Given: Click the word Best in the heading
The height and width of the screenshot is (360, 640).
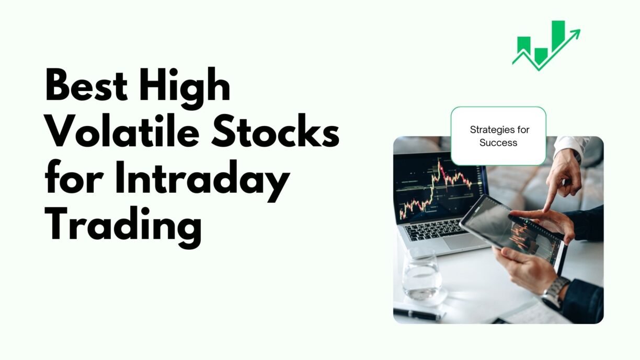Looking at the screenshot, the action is tap(86, 85).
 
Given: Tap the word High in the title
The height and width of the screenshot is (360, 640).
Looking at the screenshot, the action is tap(185, 88).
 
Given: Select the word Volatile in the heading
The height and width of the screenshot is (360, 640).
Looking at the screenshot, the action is tap(122, 130).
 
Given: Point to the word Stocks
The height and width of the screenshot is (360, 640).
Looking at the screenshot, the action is tap(276, 131).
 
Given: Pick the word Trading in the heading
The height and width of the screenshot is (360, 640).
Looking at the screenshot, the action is tap(123, 227).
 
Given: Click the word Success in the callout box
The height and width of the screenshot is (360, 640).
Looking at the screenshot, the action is tap(498, 143).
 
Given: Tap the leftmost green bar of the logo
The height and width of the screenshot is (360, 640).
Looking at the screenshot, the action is tap(524, 47).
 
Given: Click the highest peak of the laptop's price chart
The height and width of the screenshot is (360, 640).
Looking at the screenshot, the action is tap(439, 161).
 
